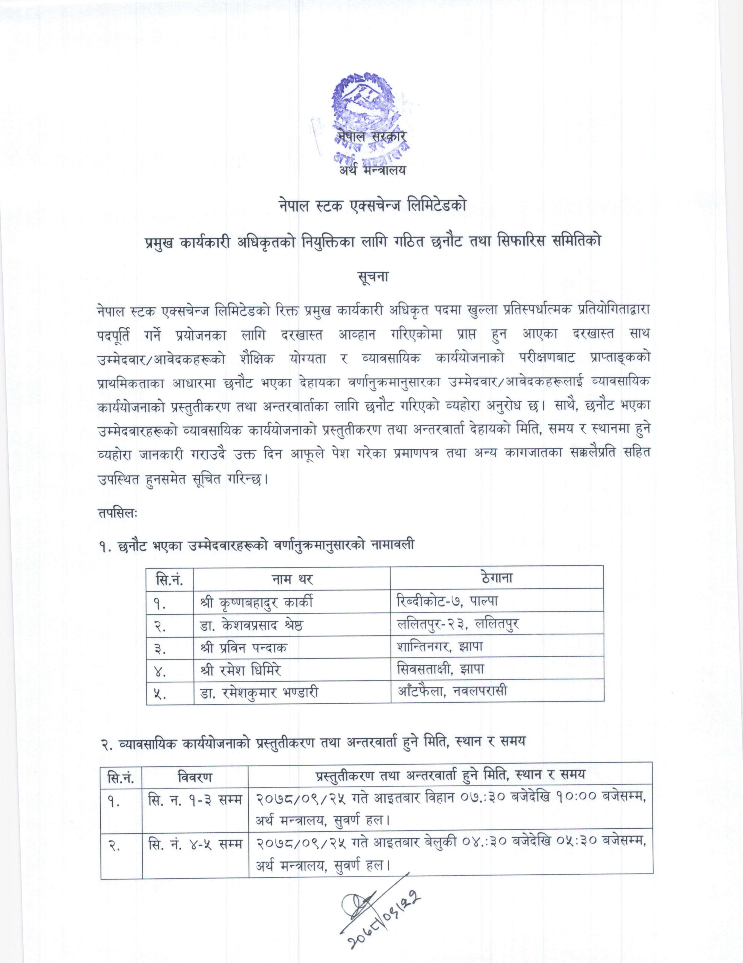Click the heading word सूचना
(x=371, y=278)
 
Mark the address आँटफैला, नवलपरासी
(x=452, y=691)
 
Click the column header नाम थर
(x=292, y=579)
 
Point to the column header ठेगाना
(x=496, y=578)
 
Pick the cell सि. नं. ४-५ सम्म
(x=195, y=843)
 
